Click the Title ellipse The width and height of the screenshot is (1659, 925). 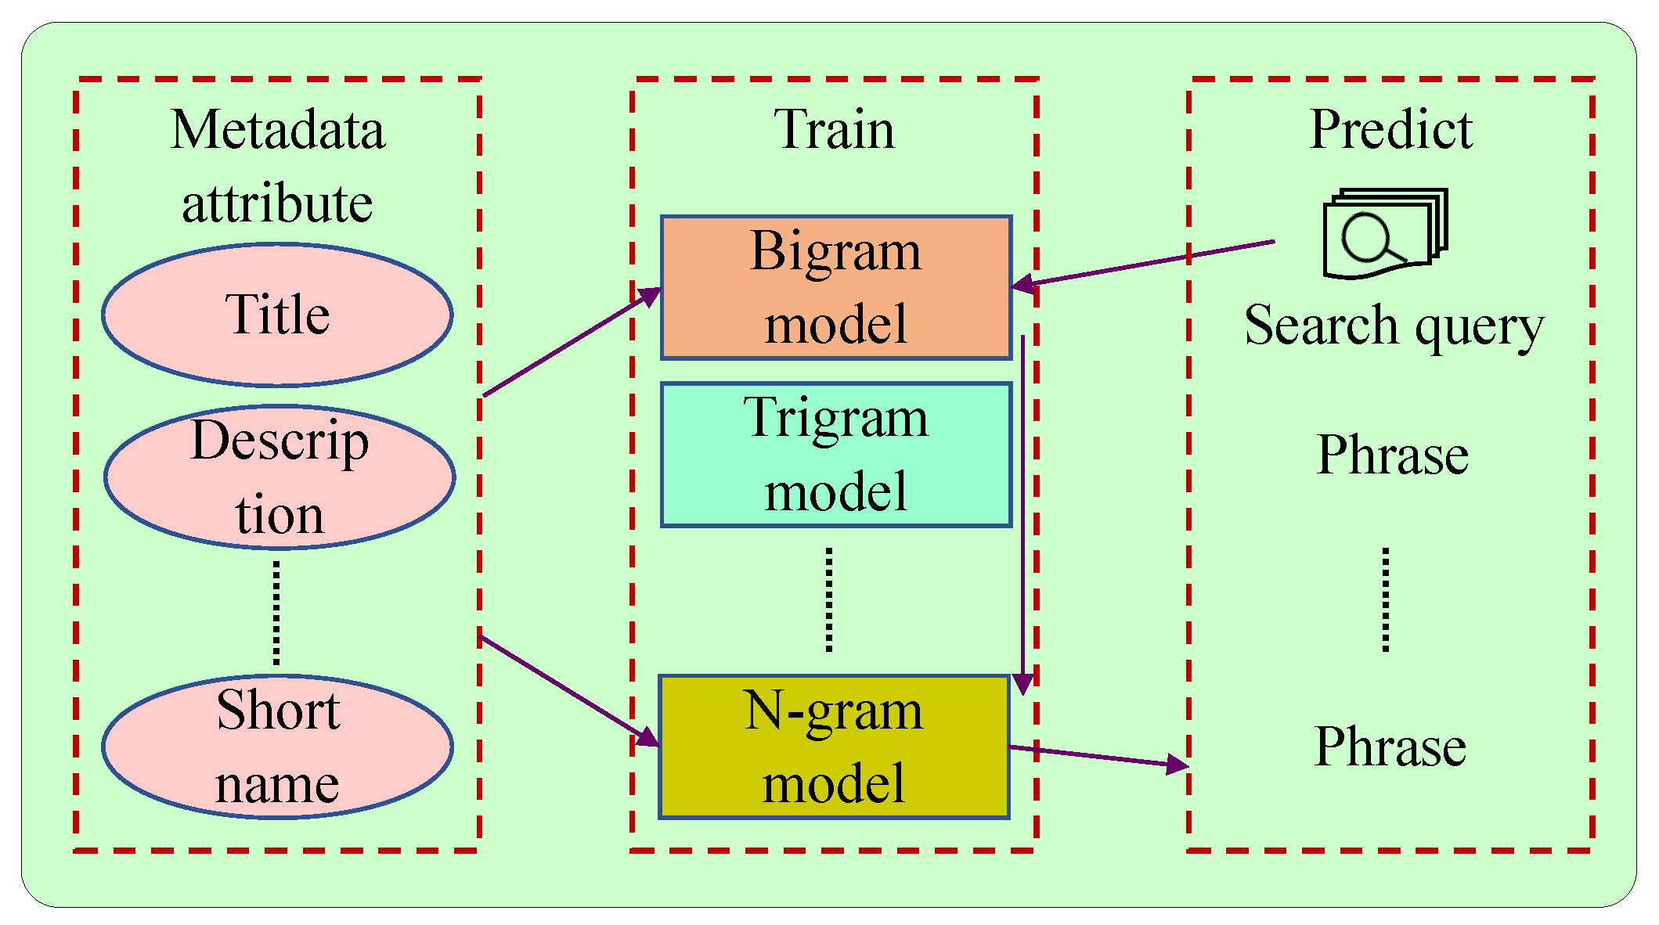pyautogui.click(x=277, y=315)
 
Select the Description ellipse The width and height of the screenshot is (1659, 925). pyautogui.click(x=280, y=477)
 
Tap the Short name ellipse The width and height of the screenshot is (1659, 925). pyautogui.click(x=277, y=747)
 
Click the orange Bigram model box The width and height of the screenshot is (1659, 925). pyautogui.click(x=836, y=287)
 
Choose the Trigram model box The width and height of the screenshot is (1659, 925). pyautogui.click(x=836, y=455)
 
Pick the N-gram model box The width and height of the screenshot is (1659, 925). pyautogui.click(x=835, y=747)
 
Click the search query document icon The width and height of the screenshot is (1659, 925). pyautogui.click(x=1384, y=233)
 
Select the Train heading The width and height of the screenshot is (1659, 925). pyautogui.click(x=835, y=129)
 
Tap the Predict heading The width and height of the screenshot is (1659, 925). pyautogui.click(x=1391, y=129)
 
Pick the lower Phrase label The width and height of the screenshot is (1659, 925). pyautogui.click(x=1390, y=747)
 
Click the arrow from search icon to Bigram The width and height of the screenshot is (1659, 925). pyautogui.click(x=1143, y=264)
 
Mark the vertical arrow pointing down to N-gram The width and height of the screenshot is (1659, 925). pyautogui.click(x=1022, y=509)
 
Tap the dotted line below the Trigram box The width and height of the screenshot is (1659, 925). pyautogui.click(x=829, y=599)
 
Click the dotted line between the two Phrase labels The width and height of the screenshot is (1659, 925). pyautogui.click(x=1386, y=599)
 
